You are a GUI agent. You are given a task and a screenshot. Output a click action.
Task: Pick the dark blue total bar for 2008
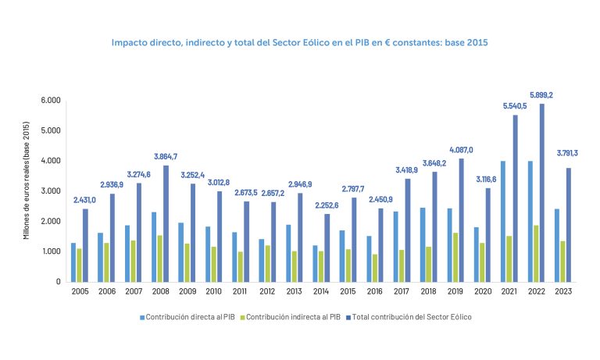click(166, 223)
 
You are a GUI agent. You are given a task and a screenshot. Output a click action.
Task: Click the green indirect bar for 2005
click(80, 265)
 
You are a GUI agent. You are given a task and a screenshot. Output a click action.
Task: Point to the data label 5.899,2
click(541, 95)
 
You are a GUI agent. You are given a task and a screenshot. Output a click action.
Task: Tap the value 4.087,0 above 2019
click(460, 150)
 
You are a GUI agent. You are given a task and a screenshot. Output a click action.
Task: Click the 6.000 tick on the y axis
click(51, 101)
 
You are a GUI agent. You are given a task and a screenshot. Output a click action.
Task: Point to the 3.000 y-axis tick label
click(51, 191)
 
